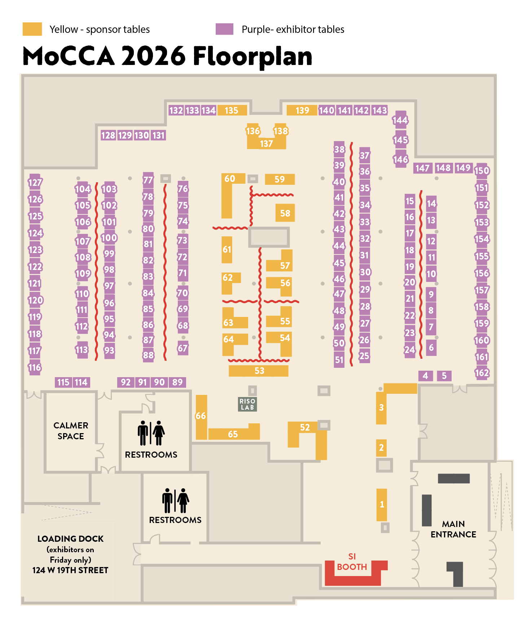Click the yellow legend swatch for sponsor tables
32,29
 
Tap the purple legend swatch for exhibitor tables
224,29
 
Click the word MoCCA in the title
69,56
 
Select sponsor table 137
266,144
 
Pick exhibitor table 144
400,120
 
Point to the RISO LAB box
247,404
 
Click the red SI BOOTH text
352,562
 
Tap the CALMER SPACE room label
71,431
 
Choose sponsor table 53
259,371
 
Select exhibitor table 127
35,182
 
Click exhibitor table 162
482,373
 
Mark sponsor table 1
382,504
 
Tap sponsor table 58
285,213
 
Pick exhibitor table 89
177,382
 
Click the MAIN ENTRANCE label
453,529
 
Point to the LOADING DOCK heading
70,539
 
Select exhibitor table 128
108,135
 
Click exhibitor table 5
444,376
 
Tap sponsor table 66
201,416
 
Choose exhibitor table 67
183,348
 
